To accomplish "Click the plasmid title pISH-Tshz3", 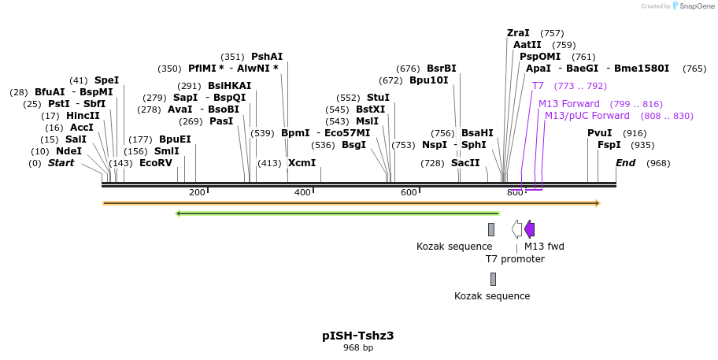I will [x=358, y=336].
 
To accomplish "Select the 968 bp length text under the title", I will [x=358, y=347].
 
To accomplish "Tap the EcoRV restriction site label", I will [x=155, y=163].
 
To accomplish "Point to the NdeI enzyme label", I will [x=68, y=151].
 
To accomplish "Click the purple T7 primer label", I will [x=538, y=86].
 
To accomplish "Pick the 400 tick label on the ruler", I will [x=302, y=193].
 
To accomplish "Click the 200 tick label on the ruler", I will [x=197, y=193].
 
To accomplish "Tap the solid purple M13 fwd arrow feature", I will [x=529, y=229].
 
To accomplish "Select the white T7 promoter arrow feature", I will [x=516, y=229].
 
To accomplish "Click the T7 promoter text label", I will [x=515, y=258].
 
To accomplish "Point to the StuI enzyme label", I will [x=378, y=98].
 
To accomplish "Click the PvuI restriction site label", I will [x=599, y=133].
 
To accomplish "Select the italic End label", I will [x=625, y=163].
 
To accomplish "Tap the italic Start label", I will [x=61, y=163].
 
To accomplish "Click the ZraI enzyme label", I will [x=518, y=33].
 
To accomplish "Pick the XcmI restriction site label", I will [x=302, y=163].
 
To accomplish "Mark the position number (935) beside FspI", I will [x=642, y=145].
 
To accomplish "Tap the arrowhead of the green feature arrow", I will [x=179, y=213].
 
